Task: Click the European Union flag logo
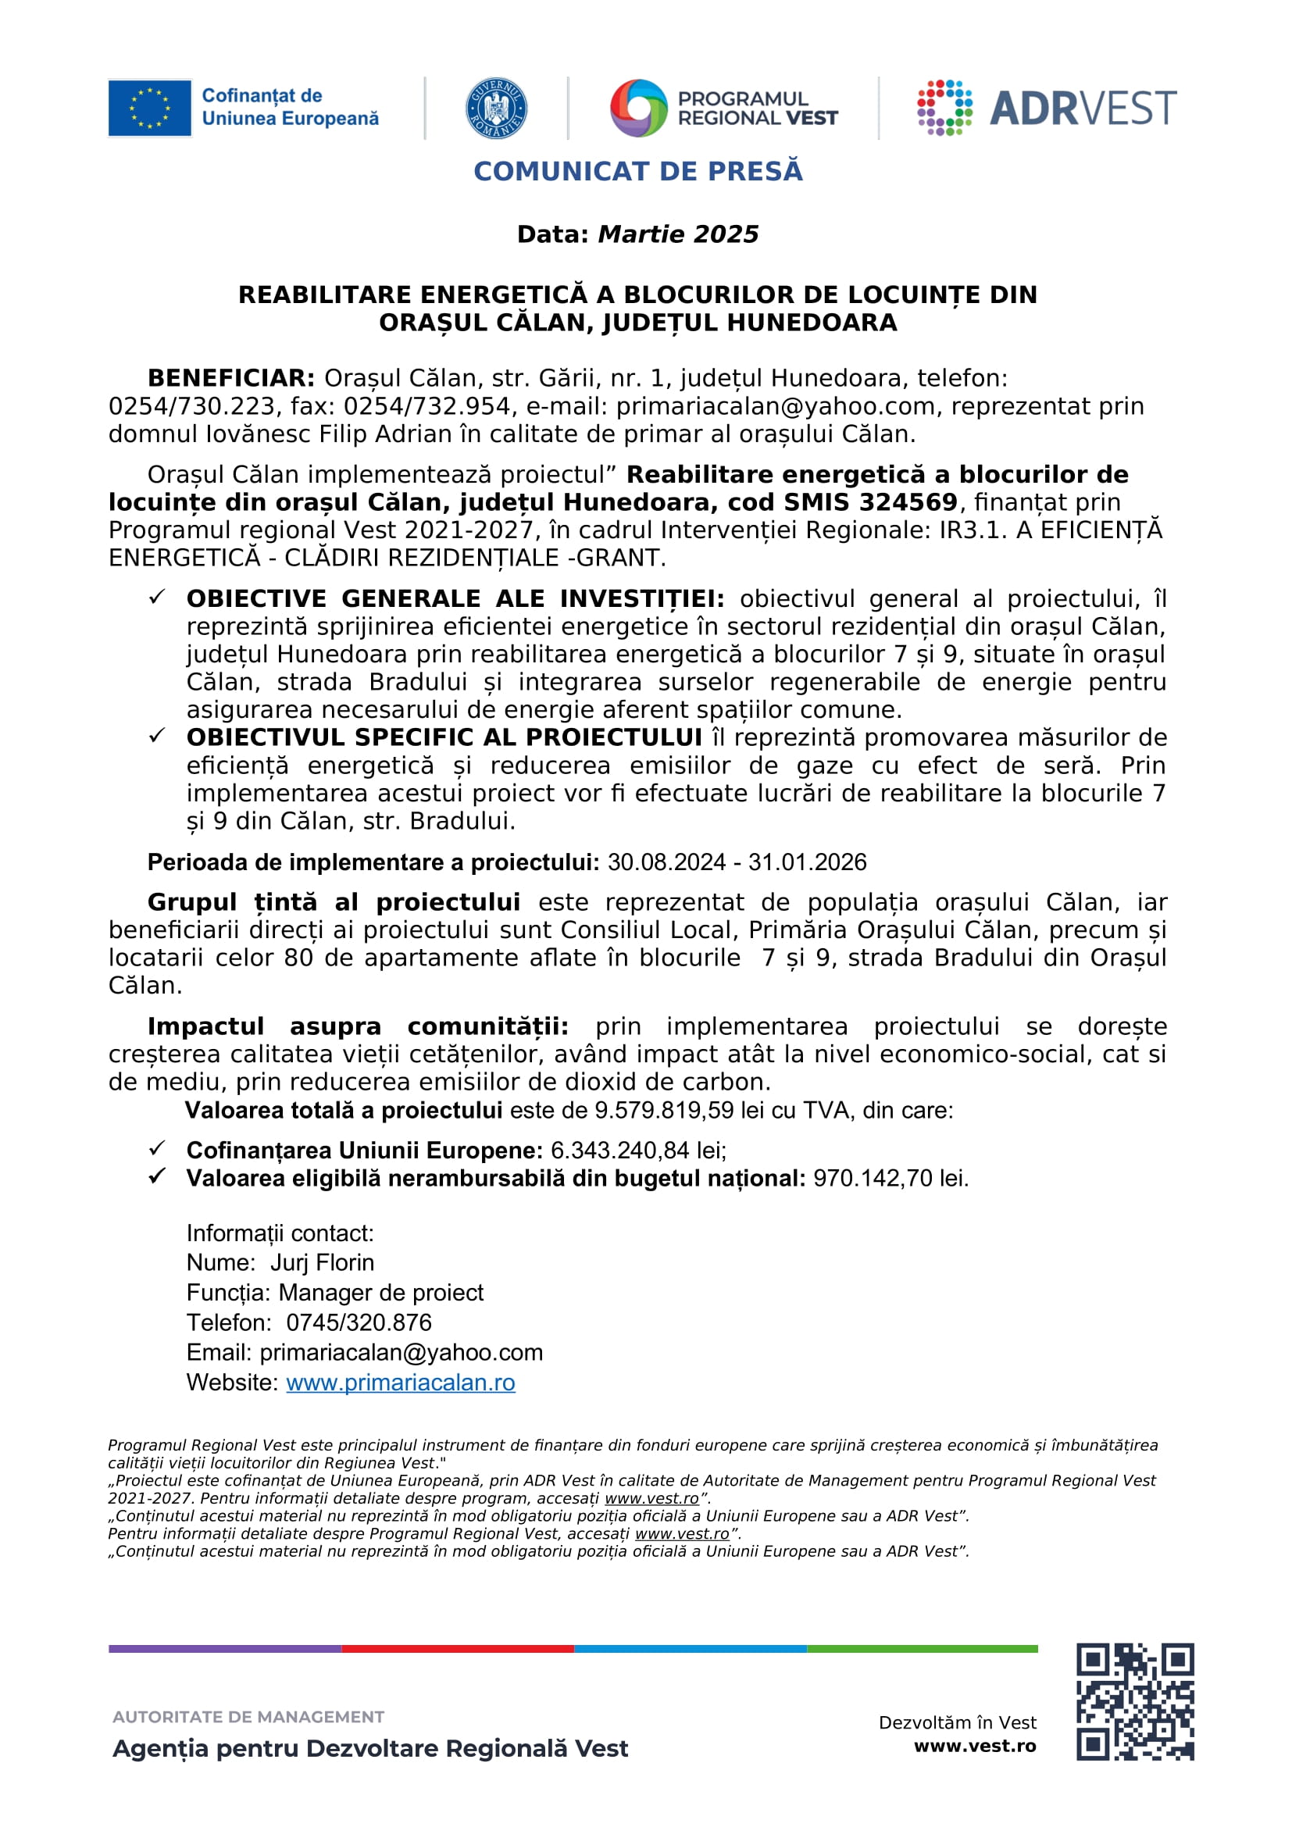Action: tap(149, 109)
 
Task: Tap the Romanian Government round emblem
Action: tap(496, 109)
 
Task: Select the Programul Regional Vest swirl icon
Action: tap(638, 109)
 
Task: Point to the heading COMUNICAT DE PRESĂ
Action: tap(638, 172)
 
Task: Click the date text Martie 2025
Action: tap(678, 235)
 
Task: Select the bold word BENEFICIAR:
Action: tap(231, 378)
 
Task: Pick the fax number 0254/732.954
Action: tap(427, 407)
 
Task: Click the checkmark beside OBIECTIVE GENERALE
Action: tap(157, 597)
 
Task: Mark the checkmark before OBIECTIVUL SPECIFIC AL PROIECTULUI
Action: tap(157, 735)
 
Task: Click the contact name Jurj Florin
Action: tap(322, 1263)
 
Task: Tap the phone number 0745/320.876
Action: tap(359, 1322)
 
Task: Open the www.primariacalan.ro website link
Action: tap(400, 1383)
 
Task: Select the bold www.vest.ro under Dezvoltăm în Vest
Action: tap(975, 1747)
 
